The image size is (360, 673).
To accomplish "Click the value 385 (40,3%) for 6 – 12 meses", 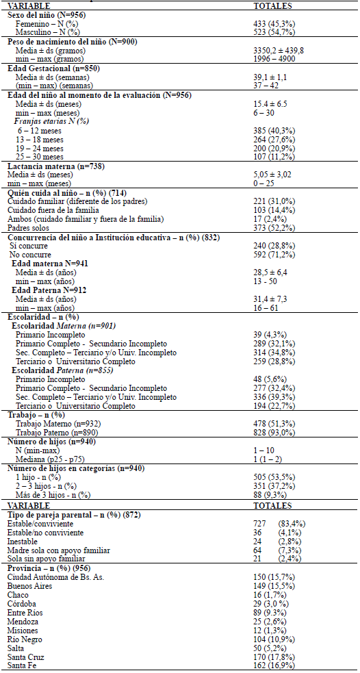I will pyautogui.click(x=273, y=130).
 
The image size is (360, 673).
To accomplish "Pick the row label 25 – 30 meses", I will pyautogui.click(x=40, y=156).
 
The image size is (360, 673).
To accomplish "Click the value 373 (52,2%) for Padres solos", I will pyautogui.click(x=273, y=227).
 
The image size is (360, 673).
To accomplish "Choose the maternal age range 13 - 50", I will pyautogui.click(x=264, y=281).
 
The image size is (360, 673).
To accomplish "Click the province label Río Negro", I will pyautogui.click(x=27, y=638).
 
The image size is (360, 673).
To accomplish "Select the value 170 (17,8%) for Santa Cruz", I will pyautogui.click(x=273, y=656).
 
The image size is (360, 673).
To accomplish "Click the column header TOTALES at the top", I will pyautogui.click(x=273, y=5).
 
